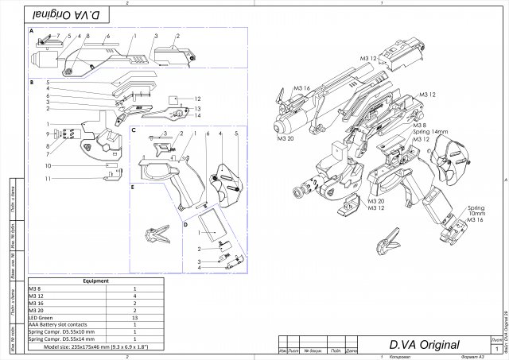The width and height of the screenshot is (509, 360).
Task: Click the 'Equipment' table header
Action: click(95, 281)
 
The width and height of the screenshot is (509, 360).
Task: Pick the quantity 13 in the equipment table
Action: click(134, 316)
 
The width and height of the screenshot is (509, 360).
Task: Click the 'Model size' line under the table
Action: click(95, 346)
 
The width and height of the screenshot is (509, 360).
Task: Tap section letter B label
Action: click(30, 82)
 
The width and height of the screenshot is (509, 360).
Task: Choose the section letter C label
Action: click(134, 130)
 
